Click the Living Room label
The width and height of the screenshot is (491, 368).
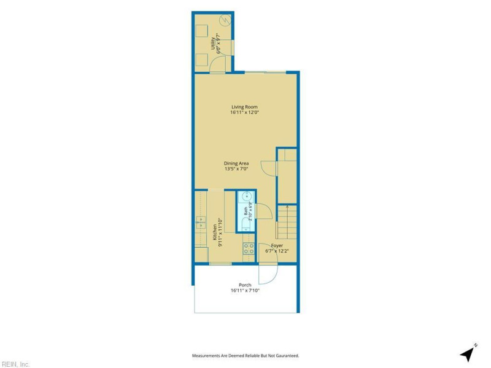point(244,107)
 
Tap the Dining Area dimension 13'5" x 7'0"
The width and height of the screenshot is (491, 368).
point(236,169)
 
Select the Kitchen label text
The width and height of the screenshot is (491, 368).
point(215,232)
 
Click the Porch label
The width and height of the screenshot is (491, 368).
point(245,285)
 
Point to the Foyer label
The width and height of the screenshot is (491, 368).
point(277,246)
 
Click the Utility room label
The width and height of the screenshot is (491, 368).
point(213,44)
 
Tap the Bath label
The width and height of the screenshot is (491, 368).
point(245,211)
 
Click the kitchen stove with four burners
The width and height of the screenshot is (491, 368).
point(249,249)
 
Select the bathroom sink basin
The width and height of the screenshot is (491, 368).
point(247,196)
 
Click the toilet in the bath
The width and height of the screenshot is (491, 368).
point(247,224)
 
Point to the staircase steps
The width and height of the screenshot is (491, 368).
point(287,222)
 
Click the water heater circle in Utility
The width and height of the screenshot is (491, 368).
point(225,21)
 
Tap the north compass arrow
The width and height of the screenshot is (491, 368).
point(468,354)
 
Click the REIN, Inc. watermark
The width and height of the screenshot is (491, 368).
point(15,364)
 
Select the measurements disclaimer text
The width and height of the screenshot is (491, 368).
point(245,356)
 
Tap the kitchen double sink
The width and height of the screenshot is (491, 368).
point(200,222)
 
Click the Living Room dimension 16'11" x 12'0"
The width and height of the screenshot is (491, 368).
point(244,112)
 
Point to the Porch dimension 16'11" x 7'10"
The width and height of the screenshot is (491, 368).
point(245,290)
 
